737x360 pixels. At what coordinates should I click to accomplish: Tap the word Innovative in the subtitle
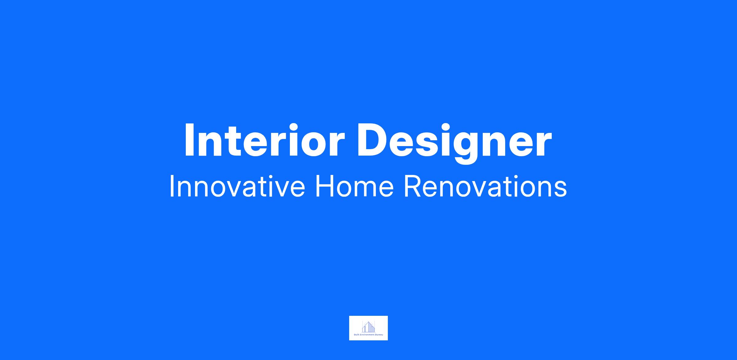point(237,186)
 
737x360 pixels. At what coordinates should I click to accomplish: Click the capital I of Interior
point(189,140)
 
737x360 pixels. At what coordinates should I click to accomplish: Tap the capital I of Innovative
point(171,186)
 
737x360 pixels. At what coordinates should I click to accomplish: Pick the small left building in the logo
point(364,329)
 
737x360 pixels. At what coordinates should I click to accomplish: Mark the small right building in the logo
point(373,329)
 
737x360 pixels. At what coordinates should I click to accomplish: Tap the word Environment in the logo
point(367,335)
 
